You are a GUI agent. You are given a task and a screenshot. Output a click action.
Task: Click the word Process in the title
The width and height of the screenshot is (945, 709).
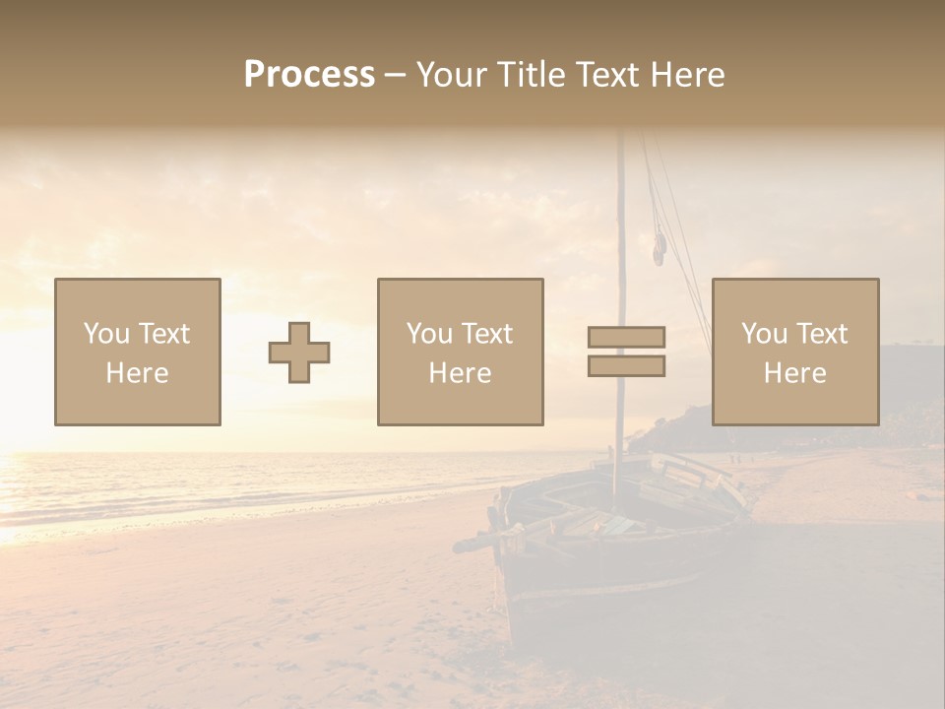[309, 75]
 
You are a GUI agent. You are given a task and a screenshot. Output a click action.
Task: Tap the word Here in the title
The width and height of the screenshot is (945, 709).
[686, 75]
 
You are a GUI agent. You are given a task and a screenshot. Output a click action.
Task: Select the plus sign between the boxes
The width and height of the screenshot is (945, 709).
[299, 353]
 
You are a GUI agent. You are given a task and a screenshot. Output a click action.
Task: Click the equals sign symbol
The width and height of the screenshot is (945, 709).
[626, 352]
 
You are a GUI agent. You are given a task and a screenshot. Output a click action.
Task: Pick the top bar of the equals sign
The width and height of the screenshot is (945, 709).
[626, 338]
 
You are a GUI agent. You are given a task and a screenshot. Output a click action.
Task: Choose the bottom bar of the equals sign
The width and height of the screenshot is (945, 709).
[626, 365]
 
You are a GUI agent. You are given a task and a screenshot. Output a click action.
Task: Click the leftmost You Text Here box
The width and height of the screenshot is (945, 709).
[137, 352]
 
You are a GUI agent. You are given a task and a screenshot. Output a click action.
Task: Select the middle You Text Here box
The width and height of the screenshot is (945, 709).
[460, 352]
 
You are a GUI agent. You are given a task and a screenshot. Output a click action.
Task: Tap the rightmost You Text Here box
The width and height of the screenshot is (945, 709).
[794, 352]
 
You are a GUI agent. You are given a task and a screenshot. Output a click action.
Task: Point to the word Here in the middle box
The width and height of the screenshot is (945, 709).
[460, 373]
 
